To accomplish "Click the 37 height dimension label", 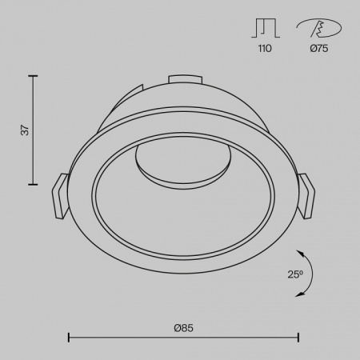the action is pyautogui.click(x=25, y=130).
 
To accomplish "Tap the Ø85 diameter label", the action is pyautogui.click(x=183, y=328).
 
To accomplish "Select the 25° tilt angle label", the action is pyautogui.click(x=295, y=274).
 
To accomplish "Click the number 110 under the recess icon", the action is pyautogui.click(x=265, y=48).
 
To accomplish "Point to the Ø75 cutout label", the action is pyautogui.click(x=319, y=48).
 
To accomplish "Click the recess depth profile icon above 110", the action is pyautogui.click(x=266, y=28).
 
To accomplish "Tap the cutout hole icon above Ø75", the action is pyautogui.click(x=318, y=28).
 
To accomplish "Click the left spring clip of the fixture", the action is pyautogui.click(x=60, y=196).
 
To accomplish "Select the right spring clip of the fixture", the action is pyautogui.click(x=306, y=196).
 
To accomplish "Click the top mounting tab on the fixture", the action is pyautogui.click(x=185, y=79).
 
